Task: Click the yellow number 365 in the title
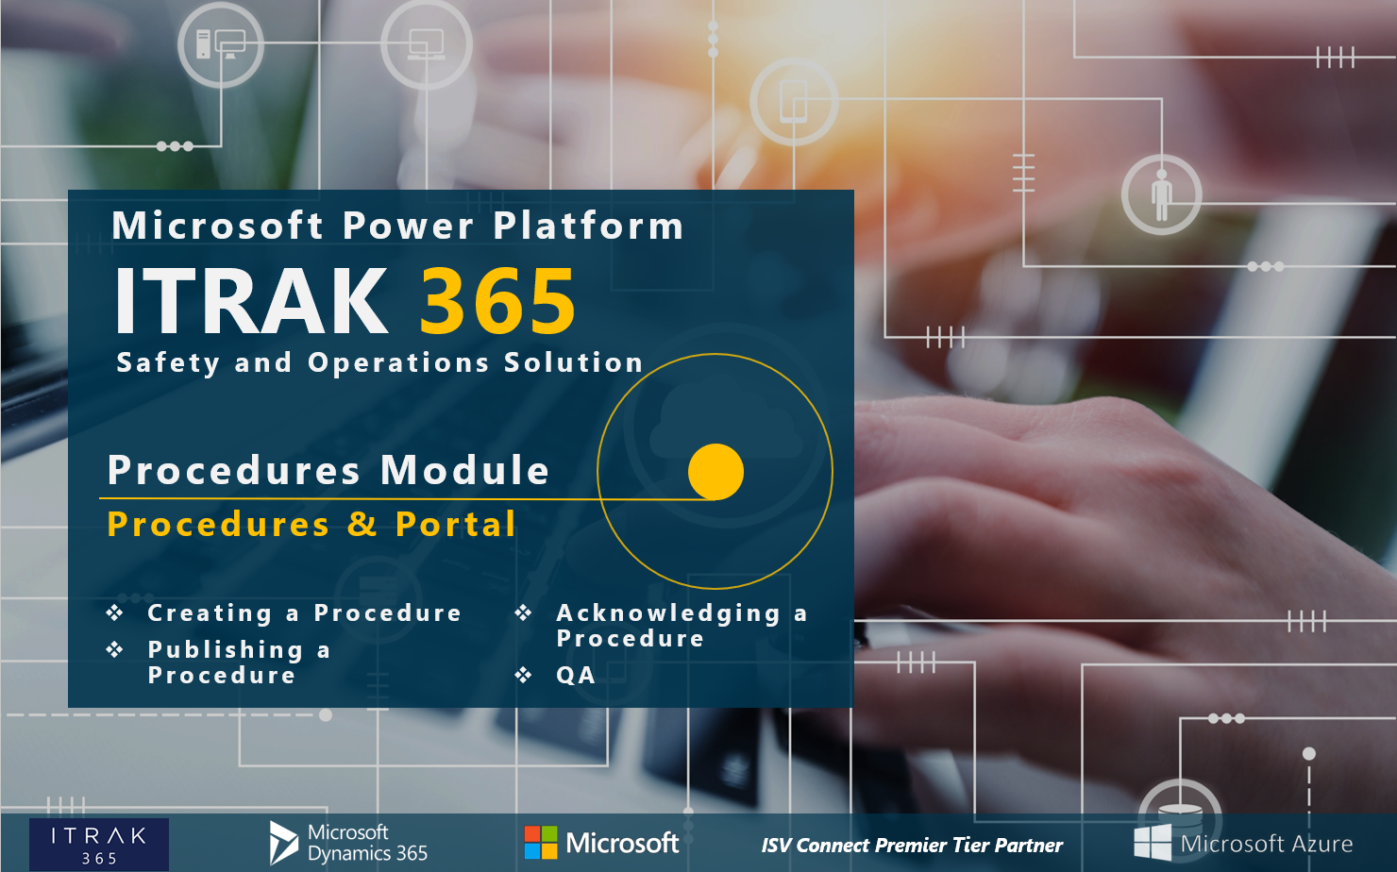(497, 301)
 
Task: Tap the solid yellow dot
(715, 472)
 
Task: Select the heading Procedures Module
(328, 470)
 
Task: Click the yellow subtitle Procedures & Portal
(311, 524)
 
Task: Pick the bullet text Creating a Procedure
(304, 613)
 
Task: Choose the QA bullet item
(575, 676)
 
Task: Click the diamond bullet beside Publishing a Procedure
(115, 649)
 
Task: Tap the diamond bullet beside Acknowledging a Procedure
(524, 613)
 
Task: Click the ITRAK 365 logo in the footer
(99, 845)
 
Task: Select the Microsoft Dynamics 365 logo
(349, 843)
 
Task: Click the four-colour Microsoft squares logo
(541, 843)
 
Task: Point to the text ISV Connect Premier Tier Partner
(912, 846)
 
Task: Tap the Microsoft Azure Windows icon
(1153, 843)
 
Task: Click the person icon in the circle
(1161, 194)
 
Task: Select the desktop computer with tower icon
(220, 44)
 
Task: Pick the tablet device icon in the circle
(794, 102)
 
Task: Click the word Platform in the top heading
(588, 226)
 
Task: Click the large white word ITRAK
(251, 301)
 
